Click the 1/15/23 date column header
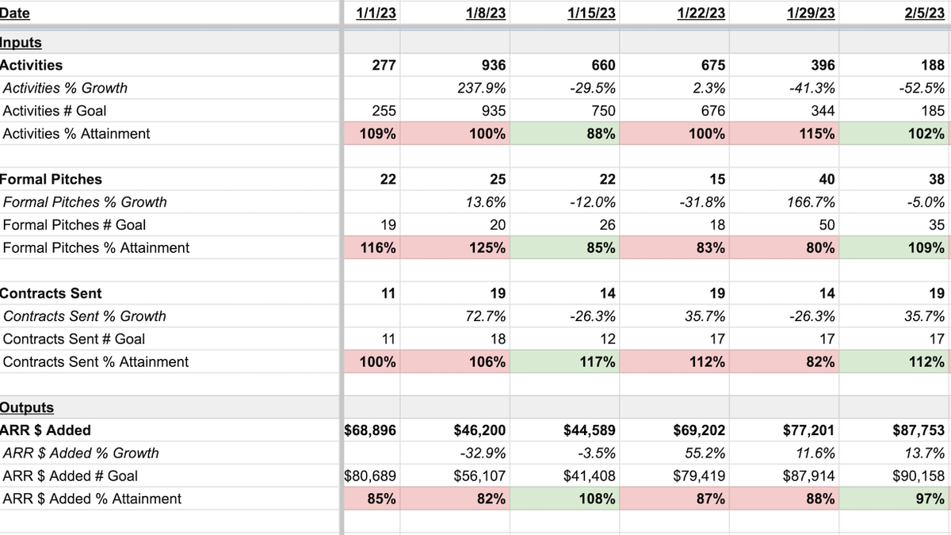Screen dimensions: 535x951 tap(591, 13)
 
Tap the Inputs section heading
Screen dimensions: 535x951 tap(21, 43)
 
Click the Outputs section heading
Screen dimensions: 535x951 tap(27, 407)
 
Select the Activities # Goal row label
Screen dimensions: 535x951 tap(55, 111)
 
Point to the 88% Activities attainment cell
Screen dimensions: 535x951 tap(602, 134)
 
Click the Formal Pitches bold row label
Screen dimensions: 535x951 tap(51, 179)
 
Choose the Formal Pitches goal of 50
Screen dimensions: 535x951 tap(826, 225)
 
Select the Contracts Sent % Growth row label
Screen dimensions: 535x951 tap(85, 316)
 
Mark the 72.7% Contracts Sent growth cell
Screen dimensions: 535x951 tap(484, 316)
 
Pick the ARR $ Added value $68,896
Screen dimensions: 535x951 tap(371, 430)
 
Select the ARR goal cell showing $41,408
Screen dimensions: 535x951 tap(590, 476)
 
